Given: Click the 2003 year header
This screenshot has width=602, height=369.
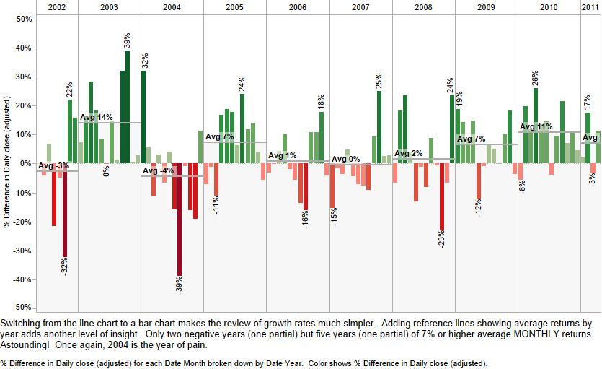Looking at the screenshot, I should pyautogui.click(x=110, y=6).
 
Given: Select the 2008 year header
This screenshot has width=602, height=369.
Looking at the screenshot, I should pyautogui.click(x=424, y=6).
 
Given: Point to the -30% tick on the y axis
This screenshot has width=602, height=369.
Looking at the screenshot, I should pyautogui.click(x=22, y=251).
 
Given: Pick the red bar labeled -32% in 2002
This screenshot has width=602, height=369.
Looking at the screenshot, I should pyautogui.click(x=65, y=209).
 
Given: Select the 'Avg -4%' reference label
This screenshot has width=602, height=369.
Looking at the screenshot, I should pyautogui.click(x=158, y=171).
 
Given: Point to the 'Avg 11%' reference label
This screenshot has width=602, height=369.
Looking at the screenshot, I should pyautogui.click(x=536, y=127).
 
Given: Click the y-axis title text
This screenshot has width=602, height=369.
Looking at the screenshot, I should pyautogui.click(x=6, y=163).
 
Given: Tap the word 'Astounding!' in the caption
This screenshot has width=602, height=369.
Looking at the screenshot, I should pyautogui.click(x=27, y=344).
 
